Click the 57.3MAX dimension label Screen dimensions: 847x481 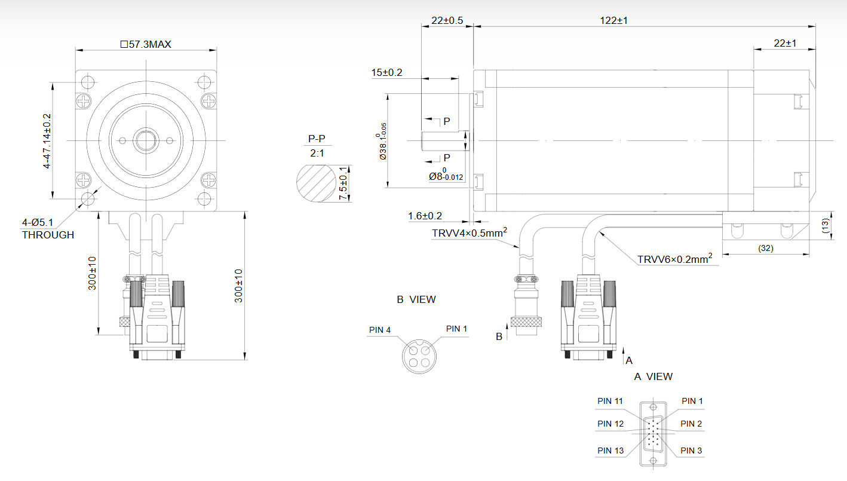click(146, 44)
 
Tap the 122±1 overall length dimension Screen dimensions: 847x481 click(613, 20)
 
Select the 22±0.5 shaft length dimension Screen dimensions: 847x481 click(447, 20)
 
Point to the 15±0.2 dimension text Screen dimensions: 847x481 click(386, 72)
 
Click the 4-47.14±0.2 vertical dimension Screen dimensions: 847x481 click(47, 140)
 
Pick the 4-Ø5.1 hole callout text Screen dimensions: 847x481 click(38, 222)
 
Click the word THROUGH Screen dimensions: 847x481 click(48, 235)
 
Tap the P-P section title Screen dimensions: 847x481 click(317, 139)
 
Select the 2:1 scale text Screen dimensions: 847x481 click(317, 153)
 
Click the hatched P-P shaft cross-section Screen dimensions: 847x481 click(316, 183)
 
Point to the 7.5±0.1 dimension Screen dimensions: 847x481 click(343, 183)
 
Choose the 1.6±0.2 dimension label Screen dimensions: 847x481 click(425, 216)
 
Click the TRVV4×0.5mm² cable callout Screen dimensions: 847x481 click(469, 232)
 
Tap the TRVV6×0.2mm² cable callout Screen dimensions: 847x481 click(675, 259)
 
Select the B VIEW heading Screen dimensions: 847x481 click(416, 299)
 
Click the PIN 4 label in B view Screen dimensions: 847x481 click(380, 330)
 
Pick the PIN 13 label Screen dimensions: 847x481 click(610, 451)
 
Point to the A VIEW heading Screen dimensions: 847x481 click(653, 376)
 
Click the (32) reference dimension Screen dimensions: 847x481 click(766, 248)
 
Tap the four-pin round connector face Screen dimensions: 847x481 click(419, 357)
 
